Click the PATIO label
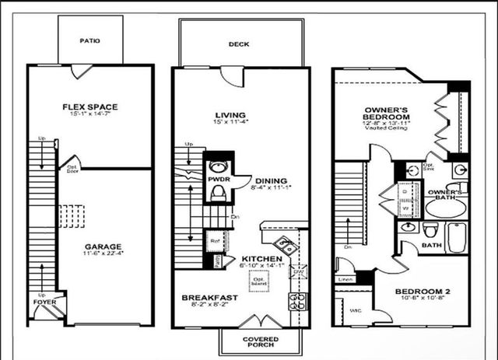point(90,40)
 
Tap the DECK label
point(239,44)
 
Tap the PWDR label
point(216,179)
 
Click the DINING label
point(268,180)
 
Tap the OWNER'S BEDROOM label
point(386,113)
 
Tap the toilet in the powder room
point(218,192)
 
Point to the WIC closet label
point(355,310)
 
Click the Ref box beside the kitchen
point(214,241)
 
